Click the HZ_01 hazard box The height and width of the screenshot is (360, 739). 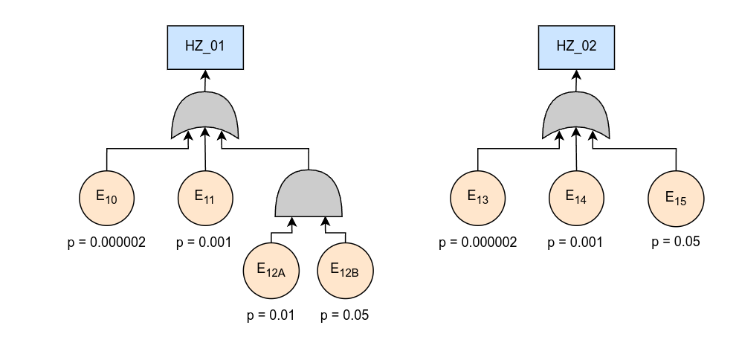pyautogui.click(x=205, y=45)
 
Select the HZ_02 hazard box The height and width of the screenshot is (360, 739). pyautogui.click(x=577, y=45)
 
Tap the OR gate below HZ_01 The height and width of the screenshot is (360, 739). pyautogui.click(x=205, y=116)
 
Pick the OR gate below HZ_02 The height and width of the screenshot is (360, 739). pyautogui.click(x=577, y=116)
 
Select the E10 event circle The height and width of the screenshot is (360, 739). pyautogui.click(x=107, y=198)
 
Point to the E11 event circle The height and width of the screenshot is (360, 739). pyautogui.click(x=206, y=198)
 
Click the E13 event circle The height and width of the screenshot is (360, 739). pyautogui.click(x=478, y=198)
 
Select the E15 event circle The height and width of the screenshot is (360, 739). pyautogui.click(x=676, y=198)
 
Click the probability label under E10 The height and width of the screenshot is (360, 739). pyautogui.click(x=106, y=242)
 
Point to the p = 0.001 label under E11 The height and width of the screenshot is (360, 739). pyautogui.click(x=204, y=242)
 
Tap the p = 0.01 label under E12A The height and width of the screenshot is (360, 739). pyautogui.click(x=271, y=315)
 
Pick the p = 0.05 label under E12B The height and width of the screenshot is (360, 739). pyautogui.click(x=345, y=315)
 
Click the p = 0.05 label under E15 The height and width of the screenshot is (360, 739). pyautogui.click(x=676, y=242)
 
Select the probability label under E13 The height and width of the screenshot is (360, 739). pyautogui.click(x=478, y=242)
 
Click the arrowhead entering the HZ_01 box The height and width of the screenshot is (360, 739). pyautogui.click(x=205, y=76)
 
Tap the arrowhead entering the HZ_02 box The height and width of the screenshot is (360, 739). pyautogui.click(x=577, y=76)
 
